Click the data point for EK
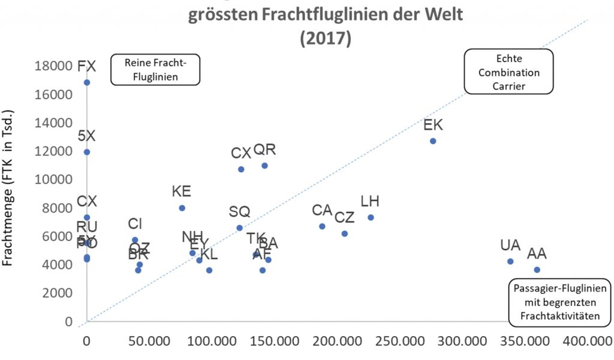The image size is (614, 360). [x=433, y=141]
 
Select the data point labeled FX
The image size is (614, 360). [x=87, y=82]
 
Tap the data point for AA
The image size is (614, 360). [x=537, y=270]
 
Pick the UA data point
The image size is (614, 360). [x=510, y=262]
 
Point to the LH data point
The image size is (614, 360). [x=371, y=217]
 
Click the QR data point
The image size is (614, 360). [x=264, y=166]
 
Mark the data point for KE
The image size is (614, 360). [x=182, y=208]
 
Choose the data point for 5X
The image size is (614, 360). [x=87, y=152]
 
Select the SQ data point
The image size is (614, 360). [x=239, y=228]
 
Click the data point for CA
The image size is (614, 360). [x=322, y=226]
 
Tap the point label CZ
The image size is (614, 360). [x=344, y=217]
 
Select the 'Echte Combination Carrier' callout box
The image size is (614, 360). [x=509, y=72]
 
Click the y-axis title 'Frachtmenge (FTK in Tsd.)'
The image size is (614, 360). [x=10, y=189]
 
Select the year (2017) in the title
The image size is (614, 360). [x=325, y=37]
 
